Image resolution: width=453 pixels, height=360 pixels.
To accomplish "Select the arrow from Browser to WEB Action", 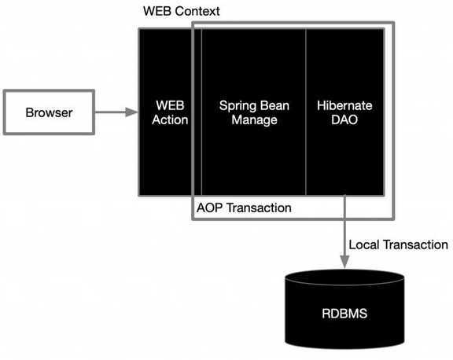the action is pos(116,112).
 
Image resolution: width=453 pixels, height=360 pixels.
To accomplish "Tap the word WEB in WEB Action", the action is pos(170,105).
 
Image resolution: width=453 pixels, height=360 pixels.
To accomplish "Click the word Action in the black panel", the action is pos(170,119).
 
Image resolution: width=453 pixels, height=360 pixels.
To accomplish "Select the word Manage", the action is pos(254,120).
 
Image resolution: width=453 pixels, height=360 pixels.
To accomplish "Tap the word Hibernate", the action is pos(344,105).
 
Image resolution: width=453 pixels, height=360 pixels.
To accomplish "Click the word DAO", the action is pos(344,119).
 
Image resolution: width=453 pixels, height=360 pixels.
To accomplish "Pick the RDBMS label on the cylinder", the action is pos(344,314).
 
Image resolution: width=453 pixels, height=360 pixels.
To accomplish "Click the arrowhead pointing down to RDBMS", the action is pos(344,262).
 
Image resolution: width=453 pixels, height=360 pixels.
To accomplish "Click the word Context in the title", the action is pos(197,11).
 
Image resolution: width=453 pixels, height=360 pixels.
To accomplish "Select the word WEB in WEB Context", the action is pos(157,11).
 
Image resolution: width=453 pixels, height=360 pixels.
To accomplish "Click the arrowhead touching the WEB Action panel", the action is pos(132,112).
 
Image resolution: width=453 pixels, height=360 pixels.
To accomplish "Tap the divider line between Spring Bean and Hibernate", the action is pos(306,112).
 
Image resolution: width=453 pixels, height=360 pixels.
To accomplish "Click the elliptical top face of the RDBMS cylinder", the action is pos(344,277).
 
